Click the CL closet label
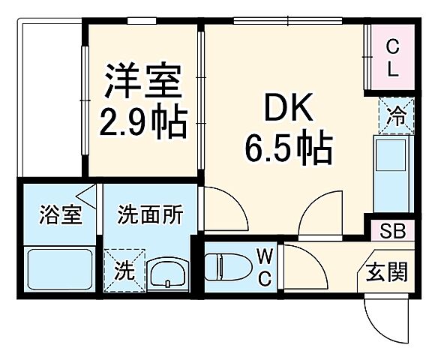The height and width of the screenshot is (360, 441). [x=392, y=57]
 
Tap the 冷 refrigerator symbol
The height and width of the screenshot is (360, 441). [x=394, y=117]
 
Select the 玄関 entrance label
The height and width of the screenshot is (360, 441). [x=387, y=271]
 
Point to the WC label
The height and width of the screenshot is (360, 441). [x=265, y=268]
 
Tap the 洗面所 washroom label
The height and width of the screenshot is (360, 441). [x=150, y=216]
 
